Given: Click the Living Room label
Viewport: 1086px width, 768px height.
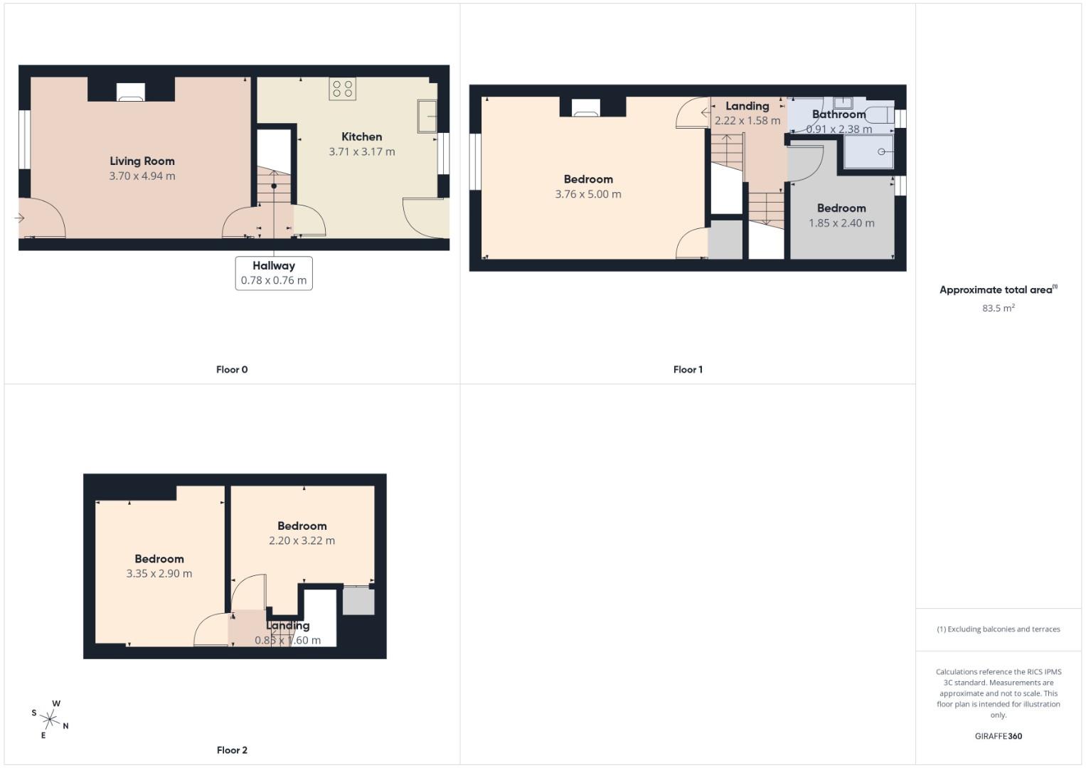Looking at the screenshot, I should point(142,161).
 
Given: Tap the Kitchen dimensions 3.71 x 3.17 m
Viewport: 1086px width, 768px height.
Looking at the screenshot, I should point(361,151).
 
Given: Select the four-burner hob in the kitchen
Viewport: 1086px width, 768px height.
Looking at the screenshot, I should point(342,89).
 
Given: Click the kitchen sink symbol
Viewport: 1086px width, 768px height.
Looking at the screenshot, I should point(427,116).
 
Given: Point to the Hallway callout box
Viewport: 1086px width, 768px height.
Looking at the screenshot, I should point(274,273).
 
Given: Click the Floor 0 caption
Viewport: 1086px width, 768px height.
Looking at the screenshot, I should point(232,369).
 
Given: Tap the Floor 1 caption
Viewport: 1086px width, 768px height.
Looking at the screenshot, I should point(688,369).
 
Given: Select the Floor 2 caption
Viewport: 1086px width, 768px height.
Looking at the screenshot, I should point(232,750).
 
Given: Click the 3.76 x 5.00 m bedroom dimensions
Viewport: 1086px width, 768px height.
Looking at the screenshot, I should point(588,194).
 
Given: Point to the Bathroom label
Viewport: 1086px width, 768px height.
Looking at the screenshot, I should point(839,114).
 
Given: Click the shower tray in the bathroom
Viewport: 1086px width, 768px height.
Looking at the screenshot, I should point(868,152).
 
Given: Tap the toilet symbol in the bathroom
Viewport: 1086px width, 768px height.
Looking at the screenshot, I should point(878,114).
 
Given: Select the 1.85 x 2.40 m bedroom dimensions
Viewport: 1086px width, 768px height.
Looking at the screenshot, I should point(841,223).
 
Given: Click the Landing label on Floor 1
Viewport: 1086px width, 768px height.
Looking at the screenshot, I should point(747,107).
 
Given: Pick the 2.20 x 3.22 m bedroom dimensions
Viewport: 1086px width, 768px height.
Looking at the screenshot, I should point(302,540).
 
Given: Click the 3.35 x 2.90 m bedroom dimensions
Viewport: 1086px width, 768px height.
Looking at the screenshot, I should point(159,574).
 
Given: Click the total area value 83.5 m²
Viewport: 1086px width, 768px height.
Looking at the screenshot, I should point(998,308).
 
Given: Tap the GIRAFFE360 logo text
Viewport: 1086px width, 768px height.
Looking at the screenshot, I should point(998,736).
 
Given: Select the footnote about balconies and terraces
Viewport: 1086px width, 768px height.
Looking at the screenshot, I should point(998,629).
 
